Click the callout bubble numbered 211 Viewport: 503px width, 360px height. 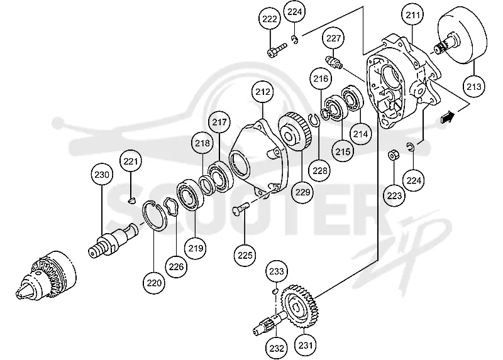[x=413, y=14]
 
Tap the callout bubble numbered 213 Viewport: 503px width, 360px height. [x=474, y=86]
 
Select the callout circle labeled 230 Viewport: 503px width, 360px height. [x=102, y=175]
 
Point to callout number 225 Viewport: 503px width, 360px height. [x=245, y=255]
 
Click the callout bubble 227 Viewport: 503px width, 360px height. [x=333, y=38]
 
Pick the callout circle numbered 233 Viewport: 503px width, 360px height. [x=276, y=271]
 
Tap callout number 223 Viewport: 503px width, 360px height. [x=394, y=195]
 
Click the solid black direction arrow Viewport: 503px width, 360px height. [x=448, y=117]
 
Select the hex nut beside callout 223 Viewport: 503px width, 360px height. [x=392, y=155]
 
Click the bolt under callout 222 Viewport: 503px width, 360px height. [x=276, y=51]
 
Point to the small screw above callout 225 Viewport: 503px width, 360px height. [x=241, y=210]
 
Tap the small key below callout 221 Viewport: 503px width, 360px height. [x=131, y=200]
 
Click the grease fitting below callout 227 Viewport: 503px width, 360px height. [x=334, y=62]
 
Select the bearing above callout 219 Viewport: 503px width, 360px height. [x=191, y=195]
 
